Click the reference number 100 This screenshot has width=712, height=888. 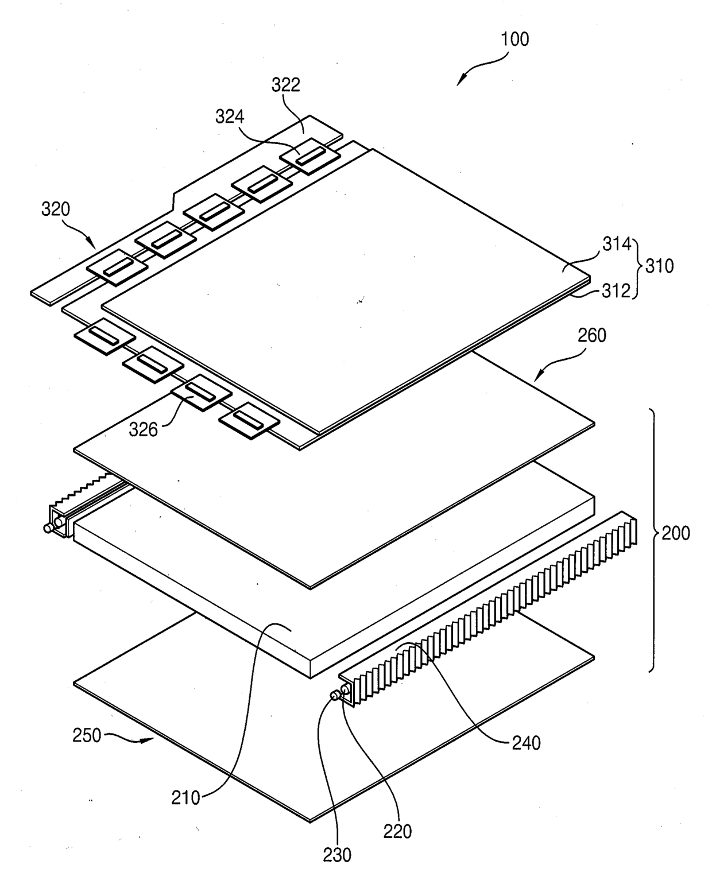tap(514, 40)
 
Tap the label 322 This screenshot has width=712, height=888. tap(285, 85)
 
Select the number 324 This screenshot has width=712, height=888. tap(230, 117)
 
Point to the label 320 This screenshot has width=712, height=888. tap(55, 209)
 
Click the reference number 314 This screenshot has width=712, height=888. tap(616, 244)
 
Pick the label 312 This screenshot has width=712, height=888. tap(616, 291)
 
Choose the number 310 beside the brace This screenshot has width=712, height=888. tap(659, 266)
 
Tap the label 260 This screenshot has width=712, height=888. tap(591, 335)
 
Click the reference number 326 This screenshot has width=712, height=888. tap(143, 429)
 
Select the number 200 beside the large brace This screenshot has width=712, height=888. tap(676, 533)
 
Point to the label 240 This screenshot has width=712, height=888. tap(526, 743)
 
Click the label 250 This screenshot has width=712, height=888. tap(87, 735)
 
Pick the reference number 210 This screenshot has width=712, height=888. tap(185, 797)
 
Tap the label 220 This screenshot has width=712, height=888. tap(397, 831)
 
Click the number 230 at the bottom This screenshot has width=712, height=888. tap(336, 855)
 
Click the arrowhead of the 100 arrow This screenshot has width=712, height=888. tap(459, 84)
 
